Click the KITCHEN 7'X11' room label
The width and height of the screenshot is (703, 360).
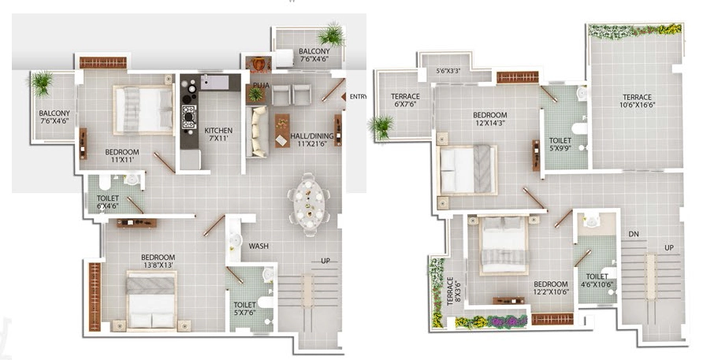click(x=218, y=134)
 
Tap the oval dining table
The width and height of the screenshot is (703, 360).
click(x=309, y=204)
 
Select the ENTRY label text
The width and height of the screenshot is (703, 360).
click(x=359, y=96)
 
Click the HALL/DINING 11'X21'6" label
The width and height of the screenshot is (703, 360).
click(x=311, y=139)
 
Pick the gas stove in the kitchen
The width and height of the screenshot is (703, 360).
click(x=188, y=117)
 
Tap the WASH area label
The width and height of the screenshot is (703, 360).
click(x=259, y=246)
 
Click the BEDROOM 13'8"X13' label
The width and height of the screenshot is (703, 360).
click(x=158, y=261)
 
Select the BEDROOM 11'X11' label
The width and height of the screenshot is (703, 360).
click(x=122, y=155)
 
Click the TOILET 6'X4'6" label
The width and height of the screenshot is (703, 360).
click(x=108, y=202)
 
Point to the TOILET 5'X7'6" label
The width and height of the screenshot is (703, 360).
click(x=244, y=309)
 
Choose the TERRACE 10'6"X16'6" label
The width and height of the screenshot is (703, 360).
click(x=637, y=101)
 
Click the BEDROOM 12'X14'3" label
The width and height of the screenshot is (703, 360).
click(x=489, y=119)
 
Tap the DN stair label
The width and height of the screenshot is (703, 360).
click(x=634, y=234)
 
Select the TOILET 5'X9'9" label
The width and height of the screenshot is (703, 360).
click(x=560, y=144)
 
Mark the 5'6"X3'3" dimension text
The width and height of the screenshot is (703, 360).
click(x=448, y=71)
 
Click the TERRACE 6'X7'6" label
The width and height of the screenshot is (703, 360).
click(x=405, y=100)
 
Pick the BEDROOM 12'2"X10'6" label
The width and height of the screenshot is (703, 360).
click(x=551, y=288)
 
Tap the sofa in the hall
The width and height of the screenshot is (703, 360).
click(x=257, y=132)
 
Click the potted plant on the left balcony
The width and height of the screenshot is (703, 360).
click(x=42, y=84)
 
